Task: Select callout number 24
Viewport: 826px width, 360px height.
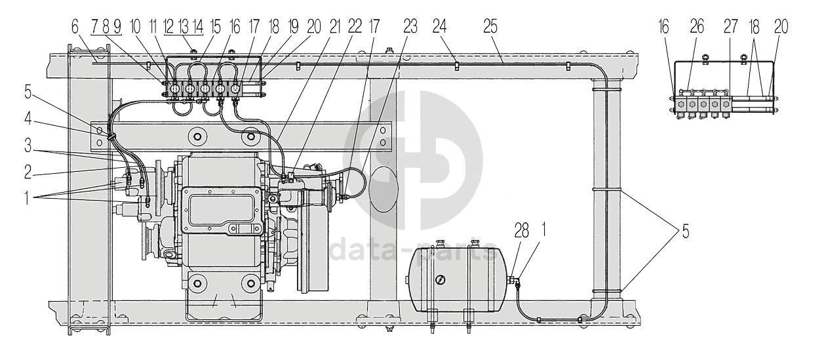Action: (440, 26)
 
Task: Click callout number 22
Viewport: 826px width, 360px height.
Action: (355, 26)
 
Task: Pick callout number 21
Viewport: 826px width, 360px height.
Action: (335, 26)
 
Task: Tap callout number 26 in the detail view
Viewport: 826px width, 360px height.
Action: (697, 26)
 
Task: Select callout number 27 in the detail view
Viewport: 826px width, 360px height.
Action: (730, 26)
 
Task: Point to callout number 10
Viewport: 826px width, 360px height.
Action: (136, 26)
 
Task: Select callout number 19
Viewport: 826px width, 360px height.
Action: (293, 26)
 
